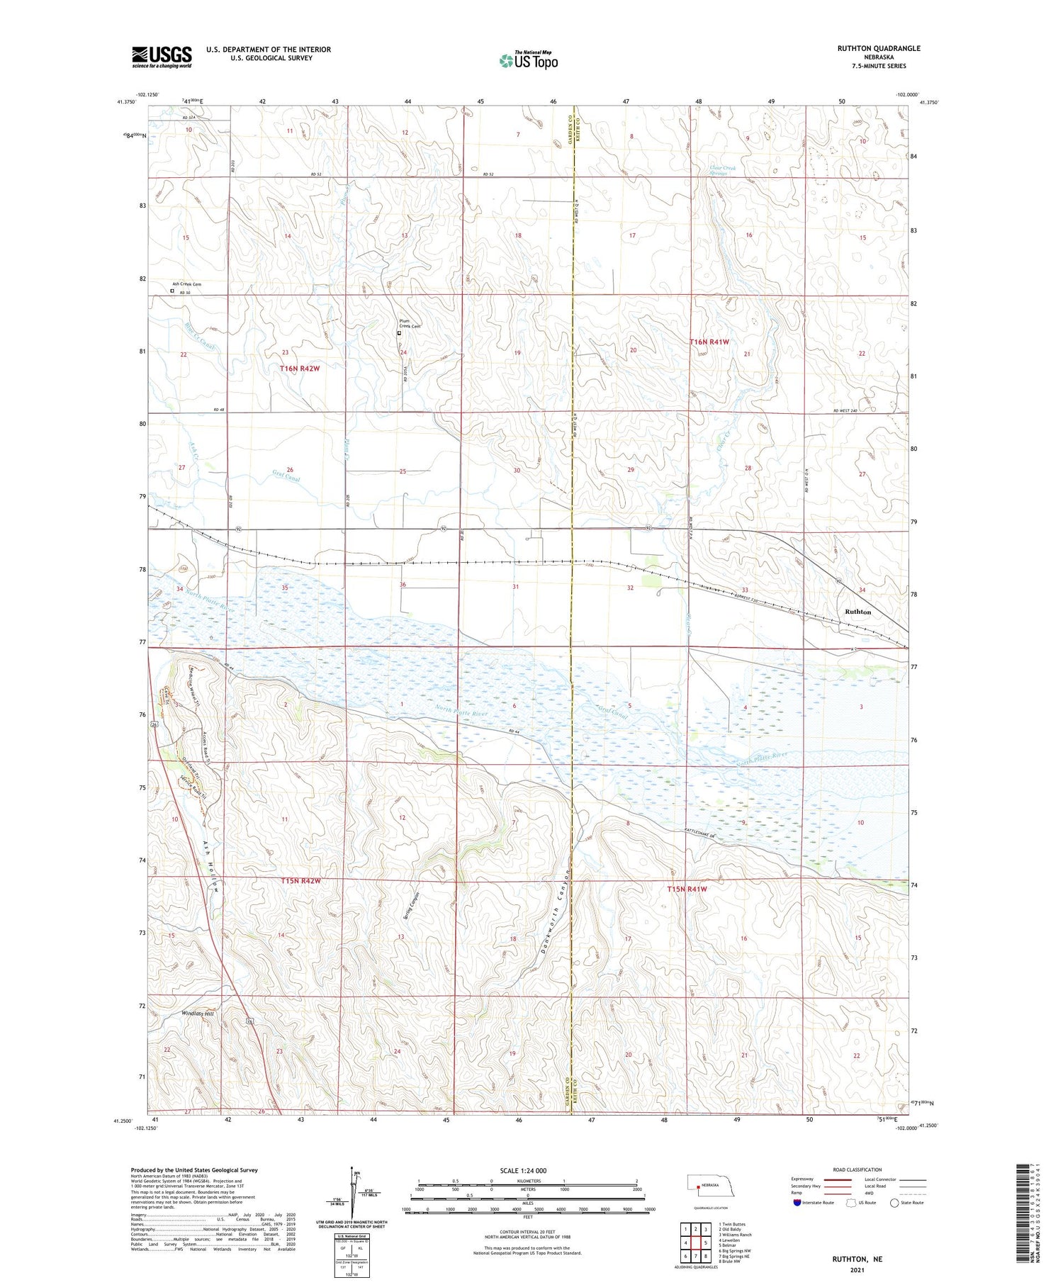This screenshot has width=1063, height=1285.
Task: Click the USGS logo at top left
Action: tap(162, 57)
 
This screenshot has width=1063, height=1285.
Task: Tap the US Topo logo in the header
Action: tap(528, 61)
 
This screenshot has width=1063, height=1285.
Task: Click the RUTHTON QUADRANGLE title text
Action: tap(878, 48)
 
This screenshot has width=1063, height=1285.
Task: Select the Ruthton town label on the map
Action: tap(857, 612)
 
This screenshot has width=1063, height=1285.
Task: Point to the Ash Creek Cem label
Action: tap(186, 284)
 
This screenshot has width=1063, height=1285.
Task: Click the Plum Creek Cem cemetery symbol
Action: tap(399, 333)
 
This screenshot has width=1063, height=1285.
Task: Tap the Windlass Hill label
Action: tap(198, 1014)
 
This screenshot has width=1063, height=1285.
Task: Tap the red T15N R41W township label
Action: tap(687, 889)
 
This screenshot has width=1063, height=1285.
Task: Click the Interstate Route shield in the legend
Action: tap(797, 1203)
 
